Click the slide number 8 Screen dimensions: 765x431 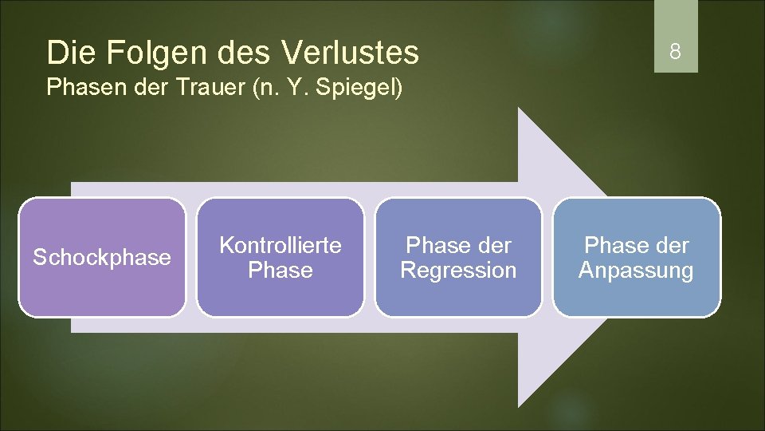click(x=675, y=53)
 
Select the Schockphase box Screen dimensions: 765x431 click(x=102, y=257)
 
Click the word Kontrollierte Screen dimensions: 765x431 click(x=280, y=244)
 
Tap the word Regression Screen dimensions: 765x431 click(x=458, y=271)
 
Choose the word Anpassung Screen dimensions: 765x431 click(x=636, y=271)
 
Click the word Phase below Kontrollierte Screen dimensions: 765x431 click(x=280, y=271)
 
